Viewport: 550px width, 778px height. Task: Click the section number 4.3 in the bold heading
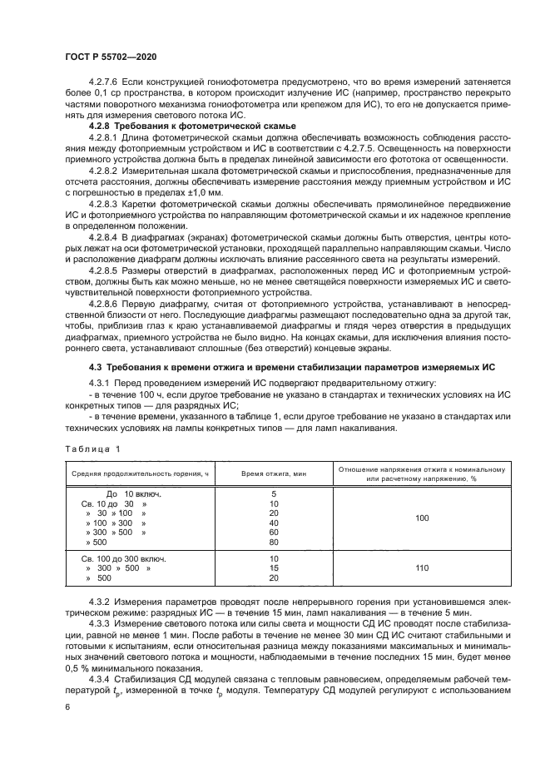click(x=96, y=366)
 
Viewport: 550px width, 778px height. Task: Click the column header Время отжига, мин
click(x=274, y=473)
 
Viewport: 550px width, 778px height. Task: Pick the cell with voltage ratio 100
click(x=422, y=518)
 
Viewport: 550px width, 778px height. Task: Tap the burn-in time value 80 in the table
click(x=274, y=542)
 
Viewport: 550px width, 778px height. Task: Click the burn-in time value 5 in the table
click(x=274, y=493)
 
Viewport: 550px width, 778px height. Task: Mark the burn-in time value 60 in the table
click(x=274, y=532)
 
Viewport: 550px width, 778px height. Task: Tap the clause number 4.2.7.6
click(x=104, y=83)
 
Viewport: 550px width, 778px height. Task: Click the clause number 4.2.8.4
click(x=104, y=224)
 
